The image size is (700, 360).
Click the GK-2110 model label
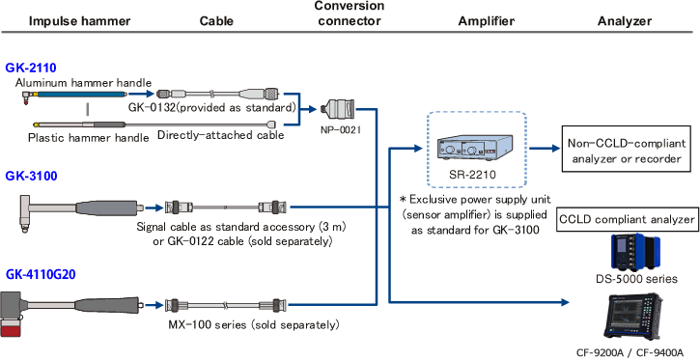click(x=31, y=69)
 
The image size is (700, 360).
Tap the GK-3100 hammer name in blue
click(x=31, y=177)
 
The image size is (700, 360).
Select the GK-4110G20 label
click(x=41, y=275)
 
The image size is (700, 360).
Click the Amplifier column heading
click(x=487, y=21)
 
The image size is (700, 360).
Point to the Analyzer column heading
click(x=625, y=21)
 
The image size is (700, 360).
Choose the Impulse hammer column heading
click(x=80, y=21)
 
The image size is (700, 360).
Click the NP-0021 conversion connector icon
click(x=336, y=109)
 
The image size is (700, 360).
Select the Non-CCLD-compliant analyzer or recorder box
click(x=627, y=152)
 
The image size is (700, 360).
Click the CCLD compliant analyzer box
click(x=627, y=219)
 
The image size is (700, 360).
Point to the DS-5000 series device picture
click(x=636, y=252)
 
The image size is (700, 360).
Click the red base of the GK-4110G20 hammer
click(x=14, y=331)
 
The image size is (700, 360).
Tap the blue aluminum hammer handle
click(x=80, y=95)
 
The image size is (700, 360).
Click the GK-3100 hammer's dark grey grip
click(x=107, y=208)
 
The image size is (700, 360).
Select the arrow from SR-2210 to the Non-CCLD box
click(x=545, y=149)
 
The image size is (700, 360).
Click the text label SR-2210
click(x=473, y=174)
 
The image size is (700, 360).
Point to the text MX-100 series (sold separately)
click(x=254, y=324)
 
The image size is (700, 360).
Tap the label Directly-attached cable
click(x=220, y=135)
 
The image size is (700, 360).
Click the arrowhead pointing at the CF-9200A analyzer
click(x=566, y=302)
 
